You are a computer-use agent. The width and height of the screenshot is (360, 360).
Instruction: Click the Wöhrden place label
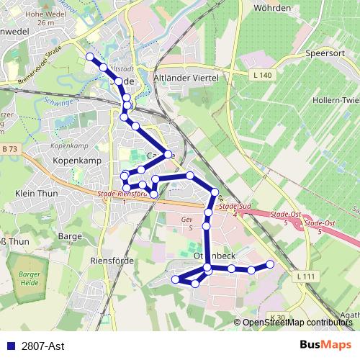(271, 8)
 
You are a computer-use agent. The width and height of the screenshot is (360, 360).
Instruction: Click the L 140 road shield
(264, 75)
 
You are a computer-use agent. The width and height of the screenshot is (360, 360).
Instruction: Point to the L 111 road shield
(306, 276)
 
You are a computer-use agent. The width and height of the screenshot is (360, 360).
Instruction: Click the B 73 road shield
(9, 148)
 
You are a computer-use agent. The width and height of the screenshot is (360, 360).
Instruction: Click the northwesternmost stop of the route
(90, 56)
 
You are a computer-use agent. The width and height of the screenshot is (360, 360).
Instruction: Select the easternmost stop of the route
(271, 264)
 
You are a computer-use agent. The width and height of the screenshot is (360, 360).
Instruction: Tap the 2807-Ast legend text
(42, 346)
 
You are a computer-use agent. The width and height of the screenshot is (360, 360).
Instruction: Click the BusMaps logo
(325, 346)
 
